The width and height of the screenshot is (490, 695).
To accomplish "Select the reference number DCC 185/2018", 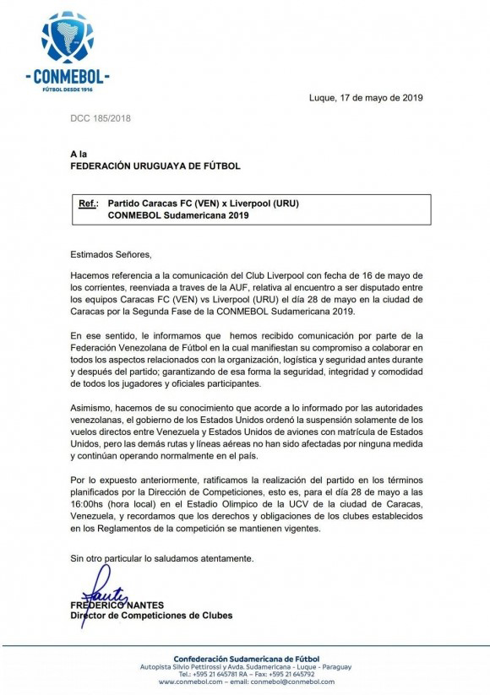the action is (101, 118).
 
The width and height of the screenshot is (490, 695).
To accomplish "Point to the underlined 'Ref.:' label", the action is (87, 204).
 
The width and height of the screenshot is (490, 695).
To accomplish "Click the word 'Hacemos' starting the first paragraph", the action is (90, 276).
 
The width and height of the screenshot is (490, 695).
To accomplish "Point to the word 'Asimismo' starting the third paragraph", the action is (93, 408).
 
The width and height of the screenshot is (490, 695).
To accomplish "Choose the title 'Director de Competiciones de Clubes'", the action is (151, 616).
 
